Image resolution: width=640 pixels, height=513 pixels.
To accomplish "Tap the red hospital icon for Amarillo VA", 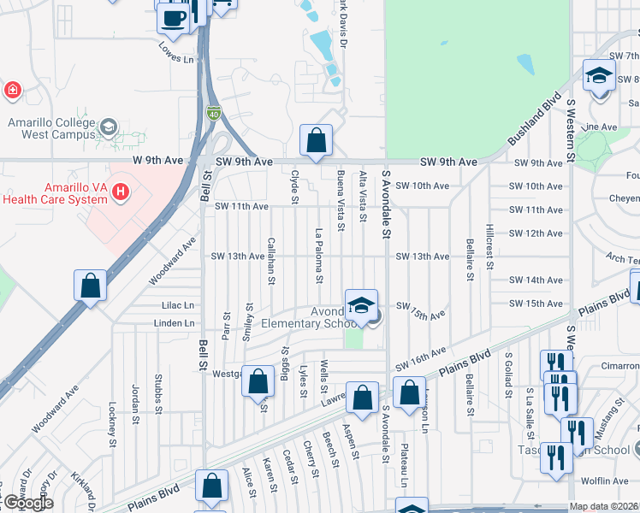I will (121, 190).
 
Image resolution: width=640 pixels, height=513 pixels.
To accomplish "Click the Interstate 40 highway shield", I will (212, 112).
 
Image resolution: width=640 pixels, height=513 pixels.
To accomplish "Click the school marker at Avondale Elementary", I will (361, 304).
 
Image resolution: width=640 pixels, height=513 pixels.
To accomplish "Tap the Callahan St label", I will (271, 261).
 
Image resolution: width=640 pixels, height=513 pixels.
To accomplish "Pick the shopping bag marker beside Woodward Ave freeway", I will (91, 286).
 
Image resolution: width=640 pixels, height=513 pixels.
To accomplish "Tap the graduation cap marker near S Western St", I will (599, 74).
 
